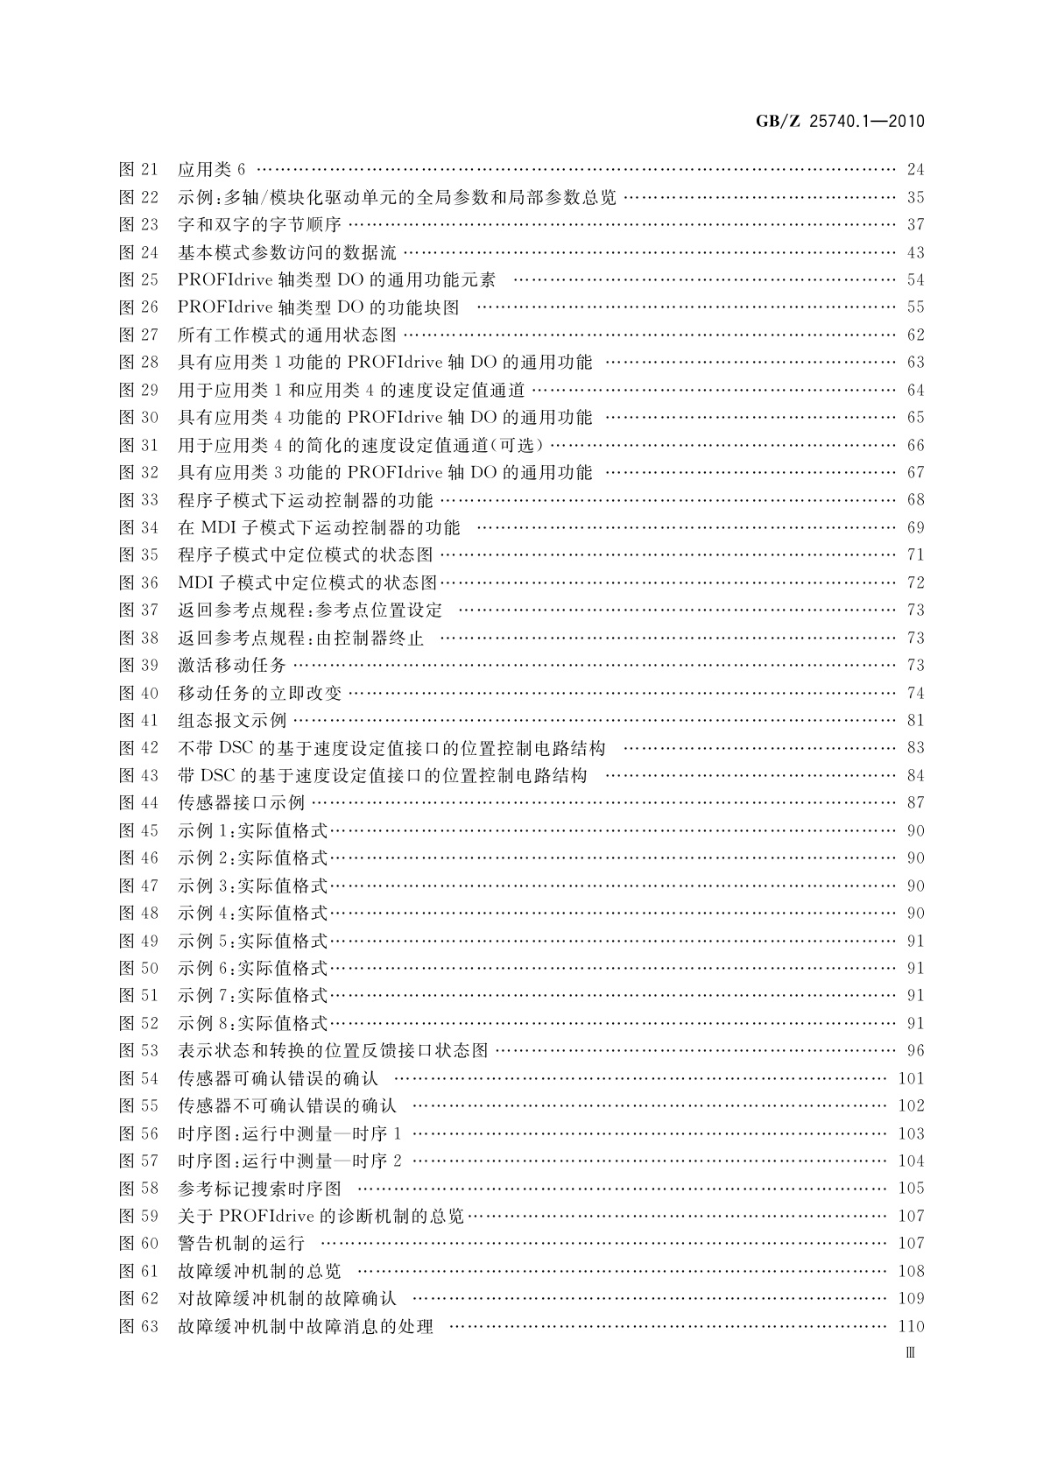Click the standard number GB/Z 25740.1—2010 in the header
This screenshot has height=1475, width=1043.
840,122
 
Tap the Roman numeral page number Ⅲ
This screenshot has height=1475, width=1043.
910,1352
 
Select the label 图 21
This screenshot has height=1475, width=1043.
138,170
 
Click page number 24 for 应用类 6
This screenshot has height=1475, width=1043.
915,170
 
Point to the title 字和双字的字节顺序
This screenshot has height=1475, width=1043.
259,225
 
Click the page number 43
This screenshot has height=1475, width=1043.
915,253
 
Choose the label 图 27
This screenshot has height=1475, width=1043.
138,335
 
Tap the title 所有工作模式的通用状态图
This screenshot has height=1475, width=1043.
287,335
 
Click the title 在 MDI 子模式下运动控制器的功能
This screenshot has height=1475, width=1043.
319,528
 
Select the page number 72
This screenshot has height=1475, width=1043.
915,583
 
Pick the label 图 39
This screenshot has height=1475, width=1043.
138,666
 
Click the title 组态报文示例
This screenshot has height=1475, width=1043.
232,721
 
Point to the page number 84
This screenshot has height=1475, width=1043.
915,776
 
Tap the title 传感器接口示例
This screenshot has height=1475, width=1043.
241,803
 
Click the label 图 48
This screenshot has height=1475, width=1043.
138,914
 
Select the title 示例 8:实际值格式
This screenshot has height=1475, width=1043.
252,1023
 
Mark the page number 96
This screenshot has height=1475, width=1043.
915,1051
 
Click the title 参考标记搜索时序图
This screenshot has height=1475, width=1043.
259,1189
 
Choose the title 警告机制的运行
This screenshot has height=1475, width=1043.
241,1244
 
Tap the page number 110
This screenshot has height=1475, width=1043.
911,1327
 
